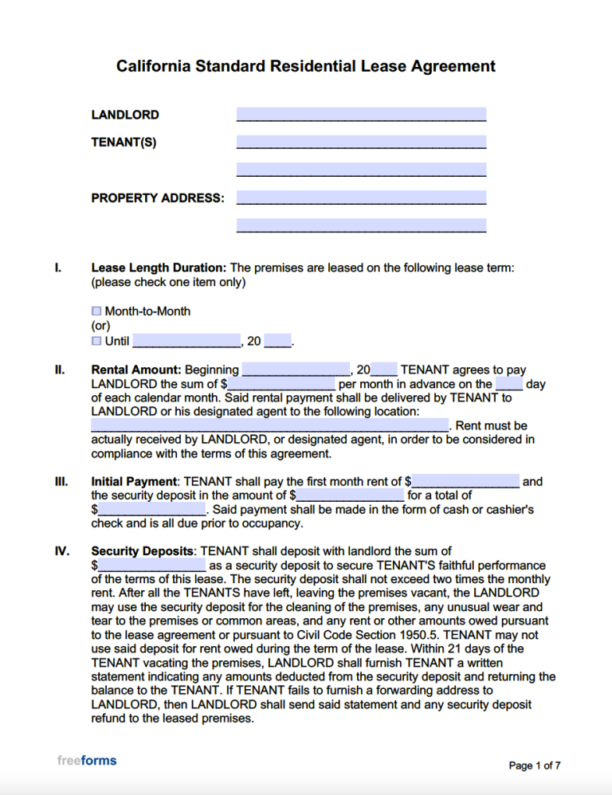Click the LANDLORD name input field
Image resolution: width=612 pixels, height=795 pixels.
click(x=361, y=115)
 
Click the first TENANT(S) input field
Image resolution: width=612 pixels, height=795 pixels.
click(x=361, y=143)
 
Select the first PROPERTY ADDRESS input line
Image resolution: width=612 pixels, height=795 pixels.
click(x=361, y=198)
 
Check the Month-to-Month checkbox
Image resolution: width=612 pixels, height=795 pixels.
click(x=96, y=311)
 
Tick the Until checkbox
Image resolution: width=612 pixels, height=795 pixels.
click(x=96, y=341)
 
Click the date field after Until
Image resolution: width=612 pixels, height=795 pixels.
click(x=186, y=341)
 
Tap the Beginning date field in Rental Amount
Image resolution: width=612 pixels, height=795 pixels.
click(x=296, y=370)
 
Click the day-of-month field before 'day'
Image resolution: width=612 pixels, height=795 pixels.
click(x=509, y=384)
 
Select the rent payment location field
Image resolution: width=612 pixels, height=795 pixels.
click(x=270, y=425)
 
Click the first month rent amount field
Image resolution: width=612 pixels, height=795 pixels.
click(x=465, y=481)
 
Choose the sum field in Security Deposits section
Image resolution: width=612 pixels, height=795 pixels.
click(x=151, y=565)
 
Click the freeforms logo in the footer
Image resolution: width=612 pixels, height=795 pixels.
click(x=87, y=761)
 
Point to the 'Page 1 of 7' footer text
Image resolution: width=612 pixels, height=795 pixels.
click(x=535, y=766)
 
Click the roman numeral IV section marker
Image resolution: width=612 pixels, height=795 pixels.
click(x=61, y=551)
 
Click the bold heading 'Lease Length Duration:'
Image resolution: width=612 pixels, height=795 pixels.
click(x=159, y=268)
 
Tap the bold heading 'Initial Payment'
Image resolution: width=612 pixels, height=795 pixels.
click(x=134, y=481)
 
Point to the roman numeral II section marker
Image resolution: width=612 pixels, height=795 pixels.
click(x=59, y=370)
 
